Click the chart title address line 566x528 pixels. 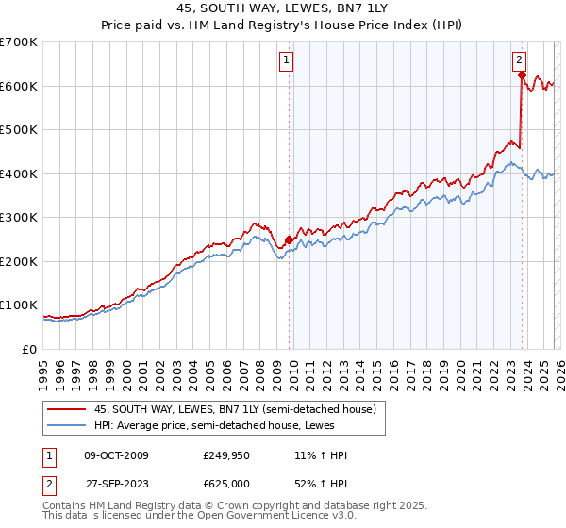282,8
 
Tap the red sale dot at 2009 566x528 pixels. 289,239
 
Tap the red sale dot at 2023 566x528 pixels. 522,75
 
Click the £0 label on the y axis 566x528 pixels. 28,350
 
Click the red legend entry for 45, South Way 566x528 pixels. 235,409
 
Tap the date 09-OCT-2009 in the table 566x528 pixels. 117,456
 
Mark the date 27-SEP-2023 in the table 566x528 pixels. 117,483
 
